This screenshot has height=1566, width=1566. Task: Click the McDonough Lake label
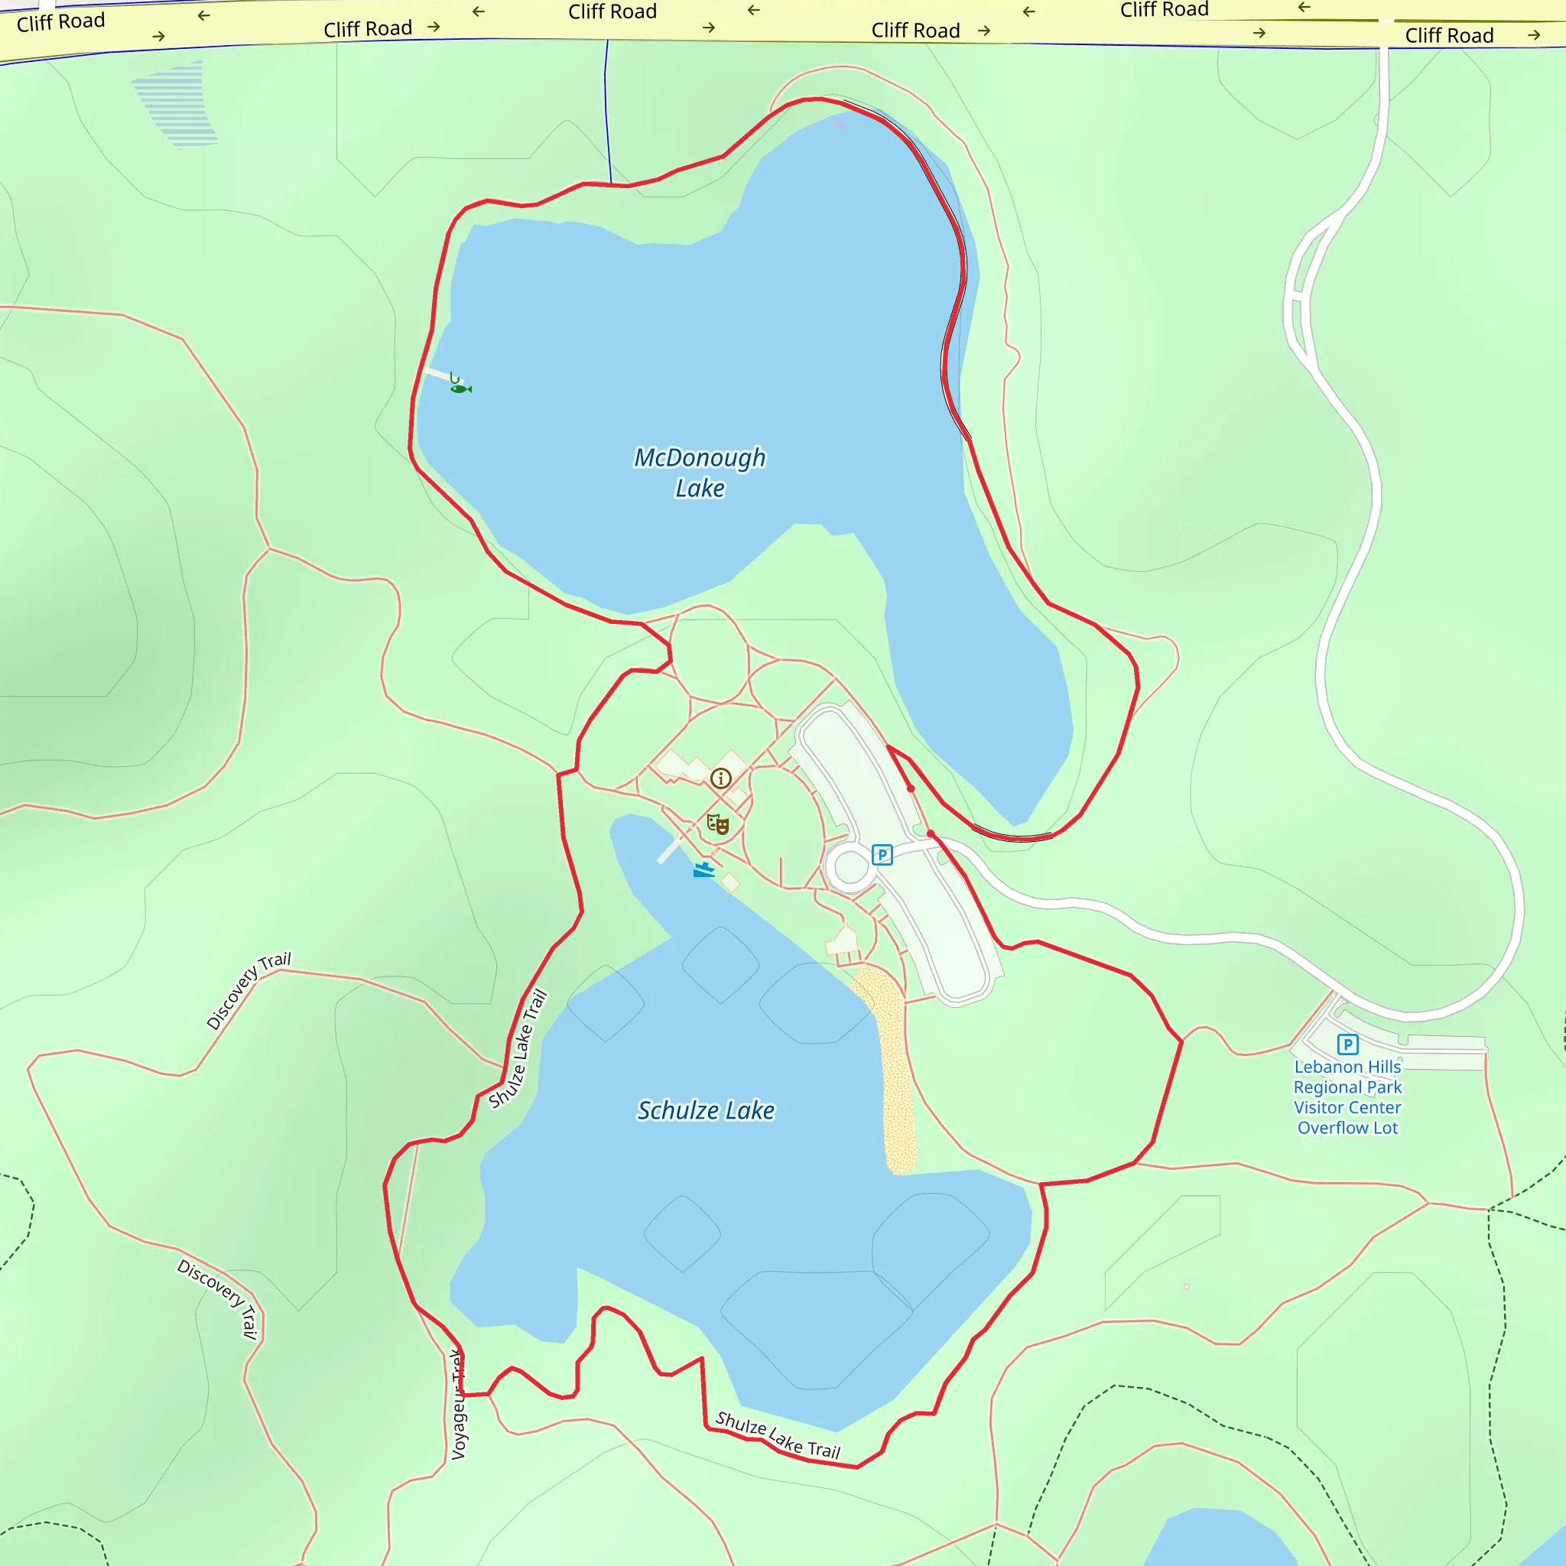pos(700,473)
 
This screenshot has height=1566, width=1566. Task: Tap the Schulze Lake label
pos(705,1110)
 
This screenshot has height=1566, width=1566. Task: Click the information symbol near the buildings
pos(720,779)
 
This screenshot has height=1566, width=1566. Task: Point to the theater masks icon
pos(717,824)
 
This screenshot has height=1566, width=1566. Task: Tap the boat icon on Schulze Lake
pos(703,869)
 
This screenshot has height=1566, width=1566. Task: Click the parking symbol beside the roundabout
pos(882,854)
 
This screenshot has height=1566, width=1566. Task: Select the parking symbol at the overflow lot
pos(1347,1044)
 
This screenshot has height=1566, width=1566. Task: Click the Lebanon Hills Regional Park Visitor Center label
pos(1347,1097)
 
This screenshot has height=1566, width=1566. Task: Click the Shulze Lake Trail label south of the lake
pos(778,1434)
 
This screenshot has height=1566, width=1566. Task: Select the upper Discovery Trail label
pos(248,990)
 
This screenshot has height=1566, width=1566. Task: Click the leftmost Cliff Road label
pos(61,22)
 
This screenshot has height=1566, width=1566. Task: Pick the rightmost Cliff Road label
pos(1448,36)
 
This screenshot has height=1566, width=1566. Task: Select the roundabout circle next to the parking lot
pos(850,867)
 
